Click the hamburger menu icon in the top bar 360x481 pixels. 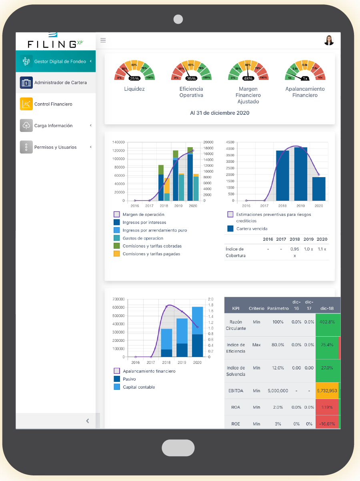pyautogui.click(x=103, y=40)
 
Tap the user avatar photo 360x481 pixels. pyautogui.click(x=329, y=40)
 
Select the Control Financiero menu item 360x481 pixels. pyautogui.click(x=53, y=104)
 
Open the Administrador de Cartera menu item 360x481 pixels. pyautogui.click(x=60, y=82)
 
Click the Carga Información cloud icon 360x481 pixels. pyautogui.click(x=26, y=126)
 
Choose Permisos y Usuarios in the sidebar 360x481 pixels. pyautogui.click(x=55, y=147)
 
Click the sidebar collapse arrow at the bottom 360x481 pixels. pyautogui.click(x=88, y=421)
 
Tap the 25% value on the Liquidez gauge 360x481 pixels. pyautogui.click(x=134, y=78)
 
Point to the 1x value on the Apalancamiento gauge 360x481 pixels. pyautogui.click(x=305, y=78)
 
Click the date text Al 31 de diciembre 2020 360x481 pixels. pyautogui.click(x=220, y=113)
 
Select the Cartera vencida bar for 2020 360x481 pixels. pyautogui.click(x=319, y=189)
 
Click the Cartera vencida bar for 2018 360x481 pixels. pyautogui.click(x=282, y=176)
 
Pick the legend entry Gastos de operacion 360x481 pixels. pyautogui.click(x=143, y=238)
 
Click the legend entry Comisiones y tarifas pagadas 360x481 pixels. pyautogui.click(x=151, y=254)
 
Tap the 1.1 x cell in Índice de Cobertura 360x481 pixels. pyautogui.click(x=322, y=249)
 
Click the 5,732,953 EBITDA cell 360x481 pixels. pyautogui.click(x=327, y=391)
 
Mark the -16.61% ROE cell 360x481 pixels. pyautogui.click(x=327, y=424)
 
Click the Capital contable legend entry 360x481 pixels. pyautogui.click(x=138, y=387)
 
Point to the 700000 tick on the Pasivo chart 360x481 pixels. pyautogui.click(x=119, y=299)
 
